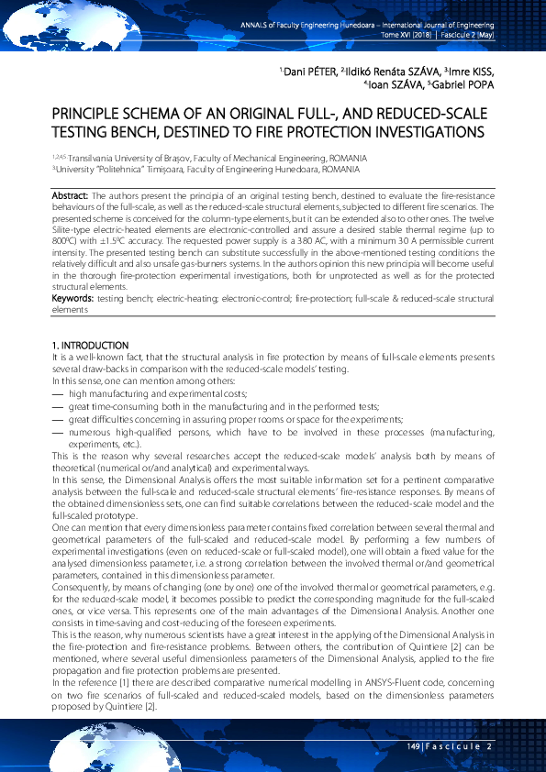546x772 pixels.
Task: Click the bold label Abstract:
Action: (x=70, y=196)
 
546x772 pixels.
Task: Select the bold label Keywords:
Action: (x=72, y=299)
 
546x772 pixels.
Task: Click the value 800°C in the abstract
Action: (x=62, y=234)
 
